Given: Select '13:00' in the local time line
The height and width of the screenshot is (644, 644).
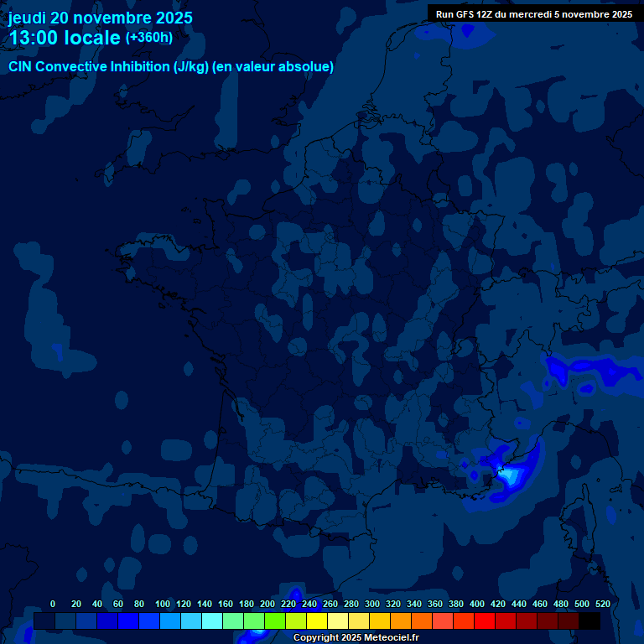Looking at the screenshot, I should coord(34,38).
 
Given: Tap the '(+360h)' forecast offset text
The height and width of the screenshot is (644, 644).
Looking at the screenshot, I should coord(149,38).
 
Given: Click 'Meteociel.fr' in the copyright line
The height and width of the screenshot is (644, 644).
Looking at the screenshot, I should coord(391,637).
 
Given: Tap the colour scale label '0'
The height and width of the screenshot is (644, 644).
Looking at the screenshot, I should coord(53,604).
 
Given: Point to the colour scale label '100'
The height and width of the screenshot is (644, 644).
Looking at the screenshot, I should coord(162,604).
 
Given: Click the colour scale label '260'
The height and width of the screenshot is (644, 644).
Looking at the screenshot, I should coord(330,604).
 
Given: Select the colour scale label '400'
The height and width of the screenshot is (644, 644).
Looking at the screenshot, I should coord(476,604).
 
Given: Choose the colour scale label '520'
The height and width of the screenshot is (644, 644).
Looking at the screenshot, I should coord(602,604).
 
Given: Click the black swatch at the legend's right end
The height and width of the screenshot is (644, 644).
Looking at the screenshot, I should coord(589,621).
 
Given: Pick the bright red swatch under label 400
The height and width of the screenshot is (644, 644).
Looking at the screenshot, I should coord(485,621).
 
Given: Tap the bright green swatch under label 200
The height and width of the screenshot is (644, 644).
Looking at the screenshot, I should coord(275,621).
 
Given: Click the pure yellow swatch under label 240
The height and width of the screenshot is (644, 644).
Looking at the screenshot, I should coord(317,621).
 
